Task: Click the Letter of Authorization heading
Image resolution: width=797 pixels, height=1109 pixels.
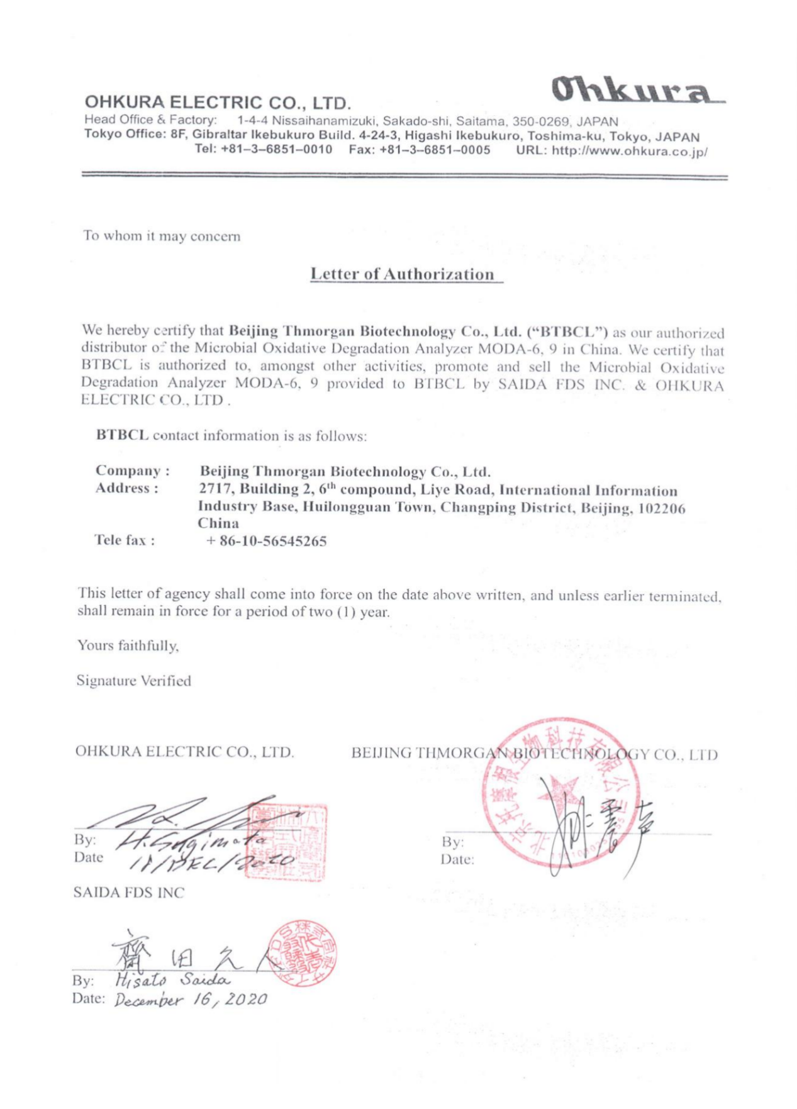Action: (x=403, y=274)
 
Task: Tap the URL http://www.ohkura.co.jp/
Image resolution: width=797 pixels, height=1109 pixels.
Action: (x=612, y=152)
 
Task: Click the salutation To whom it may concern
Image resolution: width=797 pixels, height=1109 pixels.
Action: (x=162, y=237)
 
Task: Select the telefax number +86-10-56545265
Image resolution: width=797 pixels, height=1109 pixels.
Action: (x=266, y=541)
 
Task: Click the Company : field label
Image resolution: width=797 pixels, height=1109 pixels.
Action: (x=132, y=471)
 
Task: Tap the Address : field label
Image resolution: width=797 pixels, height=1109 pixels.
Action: (x=126, y=488)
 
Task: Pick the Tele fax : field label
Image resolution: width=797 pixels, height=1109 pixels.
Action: (x=125, y=540)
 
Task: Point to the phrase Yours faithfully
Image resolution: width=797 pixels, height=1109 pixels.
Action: (x=128, y=645)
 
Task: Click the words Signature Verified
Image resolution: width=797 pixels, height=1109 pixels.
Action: (x=133, y=681)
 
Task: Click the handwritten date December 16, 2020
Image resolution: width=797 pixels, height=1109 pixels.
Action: (x=190, y=1000)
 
